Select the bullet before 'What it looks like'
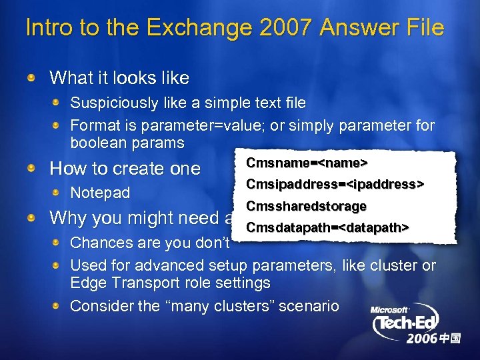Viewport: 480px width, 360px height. coord(32,79)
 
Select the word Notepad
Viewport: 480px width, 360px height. coord(100,193)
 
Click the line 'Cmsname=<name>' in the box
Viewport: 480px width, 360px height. coord(307,163)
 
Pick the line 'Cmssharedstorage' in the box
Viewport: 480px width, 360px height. coord(306,206)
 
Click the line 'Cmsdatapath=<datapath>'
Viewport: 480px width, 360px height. coord(327,228)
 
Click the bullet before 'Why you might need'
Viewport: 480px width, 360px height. coord(32,218)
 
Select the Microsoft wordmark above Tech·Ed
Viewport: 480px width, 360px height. coord(390,310)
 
